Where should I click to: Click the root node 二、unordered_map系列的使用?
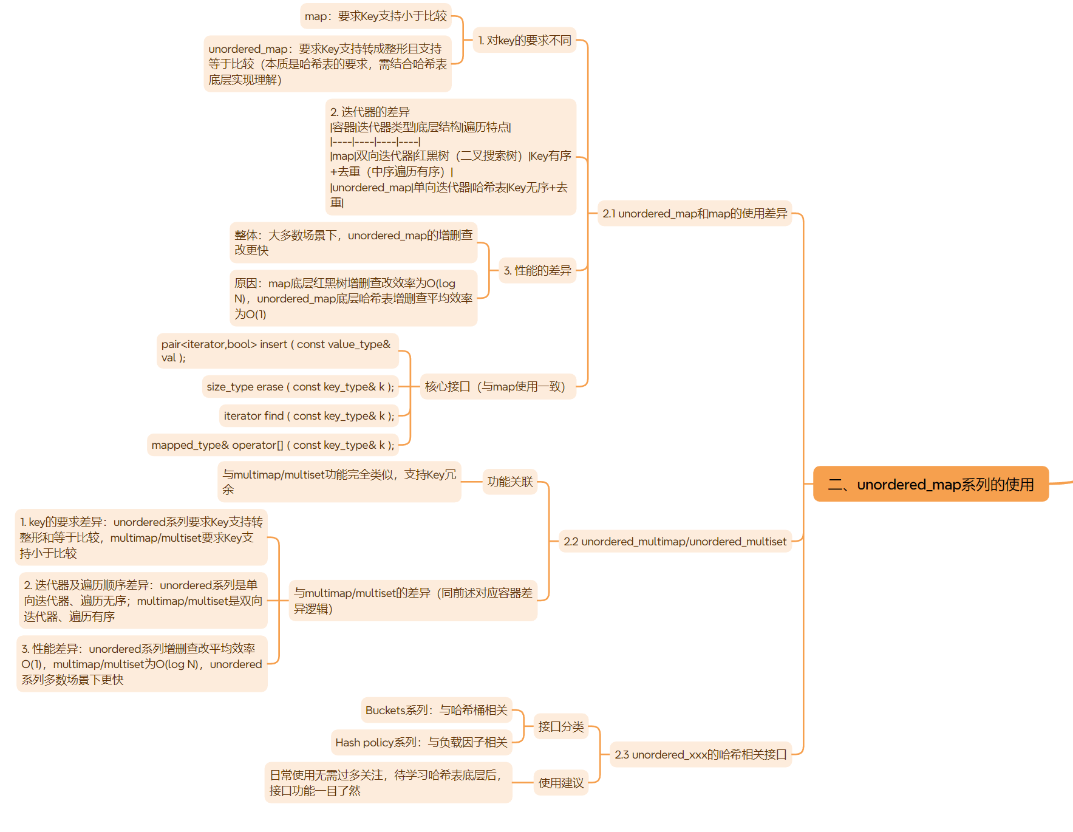click(x=930, y=484)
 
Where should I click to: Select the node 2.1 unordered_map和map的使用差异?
click(x=694, y=213)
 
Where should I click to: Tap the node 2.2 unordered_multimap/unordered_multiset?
click(x=675, y=541)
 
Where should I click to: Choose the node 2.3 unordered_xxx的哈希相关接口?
click(x=700, y=754)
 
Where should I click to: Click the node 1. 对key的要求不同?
click(x=524, y=40)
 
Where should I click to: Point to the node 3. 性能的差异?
click(x=537, y=270)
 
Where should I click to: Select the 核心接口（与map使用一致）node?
click(x=495, y=386)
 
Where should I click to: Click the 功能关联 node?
click(x=509, y=482)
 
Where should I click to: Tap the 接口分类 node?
click(x=560, y=726)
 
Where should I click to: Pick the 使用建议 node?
click(x=560, y=783)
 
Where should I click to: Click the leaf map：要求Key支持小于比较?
click(x=375, y=16)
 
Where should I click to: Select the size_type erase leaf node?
click(x=300, y=386)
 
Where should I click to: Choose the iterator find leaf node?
click(x=308, y=415)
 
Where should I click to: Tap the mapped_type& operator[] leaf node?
click(x=273, y=445)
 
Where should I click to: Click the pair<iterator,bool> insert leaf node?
click(x=277, y=350)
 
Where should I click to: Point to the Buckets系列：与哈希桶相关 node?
click(x=436, y=710)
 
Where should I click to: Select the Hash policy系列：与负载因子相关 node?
click(x=421, y=742)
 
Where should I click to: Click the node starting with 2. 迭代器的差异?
click(x=450, y=157)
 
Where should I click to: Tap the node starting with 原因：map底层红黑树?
click(x=353, y=298)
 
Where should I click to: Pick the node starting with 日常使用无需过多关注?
click(x=387, y=782)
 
